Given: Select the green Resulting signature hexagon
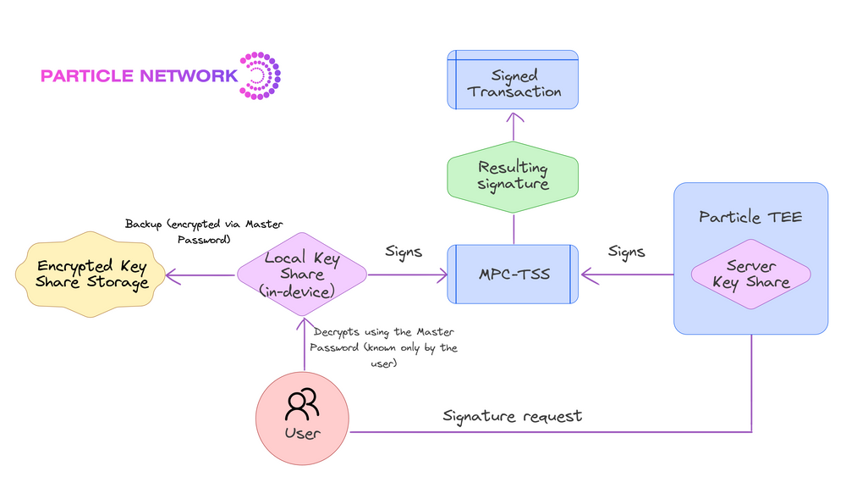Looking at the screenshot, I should point(513,175).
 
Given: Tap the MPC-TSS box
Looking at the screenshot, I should point(513,275).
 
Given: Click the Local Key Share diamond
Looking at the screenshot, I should point(302,275).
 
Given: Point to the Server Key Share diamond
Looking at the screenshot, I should point(750,275).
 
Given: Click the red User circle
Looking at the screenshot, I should point(302,419).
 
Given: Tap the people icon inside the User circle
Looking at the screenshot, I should point(302,404).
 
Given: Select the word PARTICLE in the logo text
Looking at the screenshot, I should point(87,76).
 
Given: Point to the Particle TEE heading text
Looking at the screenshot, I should point(750,218).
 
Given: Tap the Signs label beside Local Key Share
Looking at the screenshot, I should point(404,252).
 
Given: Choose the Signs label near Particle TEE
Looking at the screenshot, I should point(626,252).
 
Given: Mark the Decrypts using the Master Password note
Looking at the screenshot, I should point(384,348).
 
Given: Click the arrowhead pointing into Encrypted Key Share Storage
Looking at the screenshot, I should point(171,275).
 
